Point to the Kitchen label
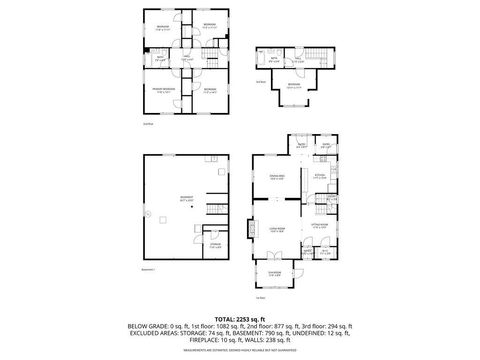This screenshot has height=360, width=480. [x=320, y=177]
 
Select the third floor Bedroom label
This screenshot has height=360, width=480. [x=293, y=86]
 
